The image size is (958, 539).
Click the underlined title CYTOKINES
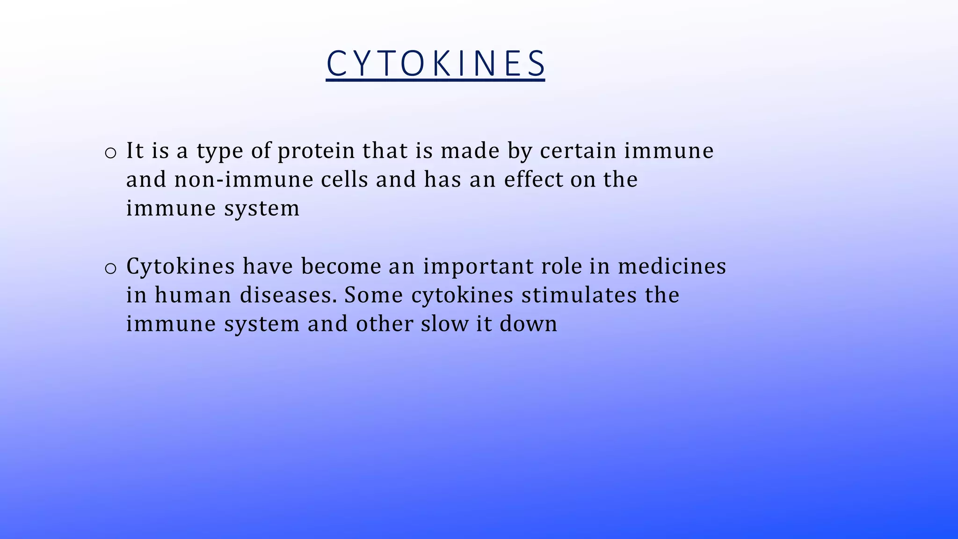point(435,64)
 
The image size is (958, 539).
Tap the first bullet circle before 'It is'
point(110,153)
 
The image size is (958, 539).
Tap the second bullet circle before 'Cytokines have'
point(110,269)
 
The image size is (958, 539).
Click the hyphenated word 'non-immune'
point(243,180)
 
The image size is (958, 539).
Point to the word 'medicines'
point(672,266)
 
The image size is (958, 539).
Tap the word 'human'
point(193,295)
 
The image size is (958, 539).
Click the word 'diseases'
point(288,295)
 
